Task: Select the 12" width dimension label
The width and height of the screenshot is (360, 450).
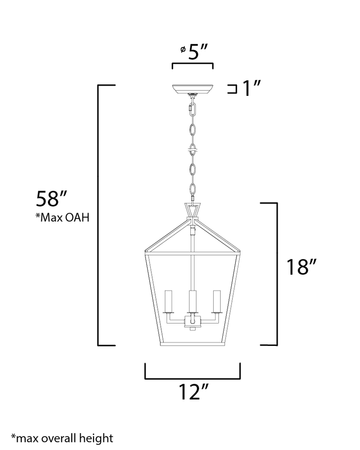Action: click(193, 392)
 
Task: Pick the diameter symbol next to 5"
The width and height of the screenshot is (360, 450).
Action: click(182, 50)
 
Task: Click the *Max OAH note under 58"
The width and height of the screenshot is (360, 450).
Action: click(62, 218)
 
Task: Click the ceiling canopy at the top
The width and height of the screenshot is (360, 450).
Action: click(192, 89)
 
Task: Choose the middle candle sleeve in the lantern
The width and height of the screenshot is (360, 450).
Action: click(192, 301)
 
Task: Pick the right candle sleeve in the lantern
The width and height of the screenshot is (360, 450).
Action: click(216, 301)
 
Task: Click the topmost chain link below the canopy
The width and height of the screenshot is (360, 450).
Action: click(192, 108)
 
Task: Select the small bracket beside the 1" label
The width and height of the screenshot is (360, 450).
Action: click(232, 90)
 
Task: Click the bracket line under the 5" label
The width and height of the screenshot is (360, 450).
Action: click(192, 64)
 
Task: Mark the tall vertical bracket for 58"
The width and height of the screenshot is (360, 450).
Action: click(98, 215)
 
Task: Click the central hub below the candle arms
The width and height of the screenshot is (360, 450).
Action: click(192, 323)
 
